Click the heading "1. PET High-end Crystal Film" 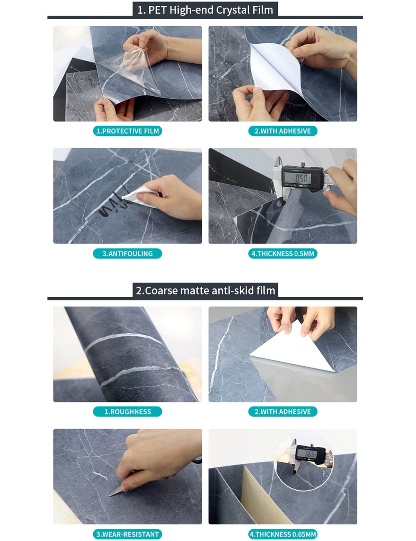[x=205, y=10]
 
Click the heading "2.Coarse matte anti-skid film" [x=205, y=290]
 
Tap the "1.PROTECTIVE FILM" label [x=127, y=131]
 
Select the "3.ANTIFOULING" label [x=127, y=253]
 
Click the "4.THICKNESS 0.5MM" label [x=283, y=253]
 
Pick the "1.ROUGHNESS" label [x=127, y=412]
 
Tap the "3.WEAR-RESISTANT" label [x=127, y=534]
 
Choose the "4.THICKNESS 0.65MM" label [x=283, y=534]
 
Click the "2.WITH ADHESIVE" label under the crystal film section [x=283, y=131]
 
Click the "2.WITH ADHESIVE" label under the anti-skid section [x=283, y=412]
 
